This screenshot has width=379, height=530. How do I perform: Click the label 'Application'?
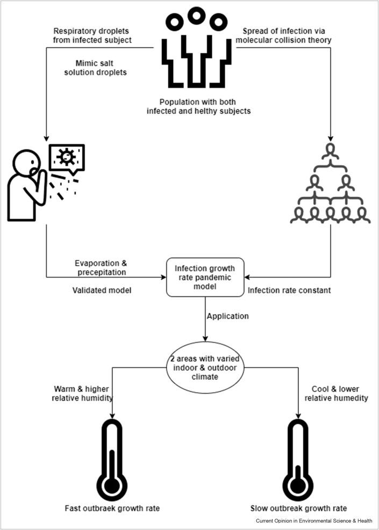[x=228, y=316]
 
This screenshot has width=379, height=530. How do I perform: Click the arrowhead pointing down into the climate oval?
[x=205, y=338]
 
